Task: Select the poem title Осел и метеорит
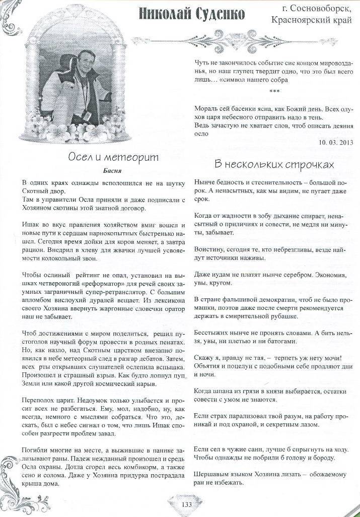click(113, 158)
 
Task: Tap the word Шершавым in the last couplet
click(211, 474)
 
